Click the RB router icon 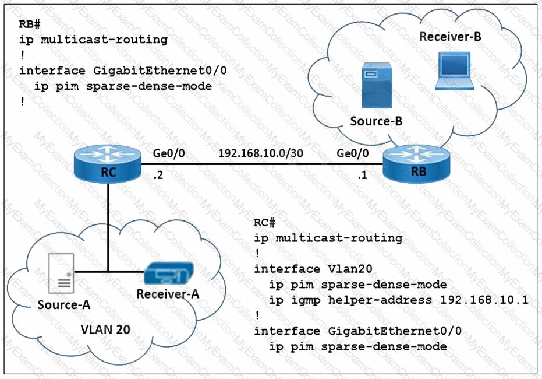pyautogui.click(x=415, y=165)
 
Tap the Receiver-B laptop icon pyautogui.click(x=456, y=71)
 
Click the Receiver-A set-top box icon pyautogui.click(x=169, y=273)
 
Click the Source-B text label pyautogui.click(x=375, y=122)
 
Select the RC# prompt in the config pyautogui.click(x=265, y=223)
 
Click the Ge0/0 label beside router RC pyautogui.click(x=168, y=153)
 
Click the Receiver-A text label pyautogui.click(x=168, y=293)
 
